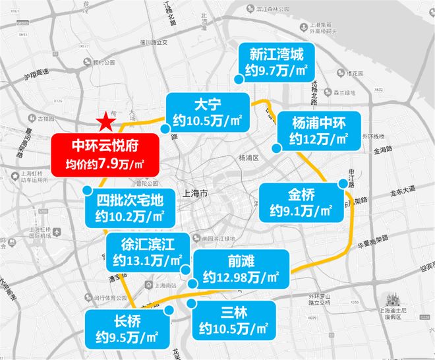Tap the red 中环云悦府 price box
tap(105, 154)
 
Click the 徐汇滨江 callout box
tap(146, 251)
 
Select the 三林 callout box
tap(231, 320)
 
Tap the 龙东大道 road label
tap(401, 189)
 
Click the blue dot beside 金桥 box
tap(341, 184)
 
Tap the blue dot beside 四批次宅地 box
tap(88, 189)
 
